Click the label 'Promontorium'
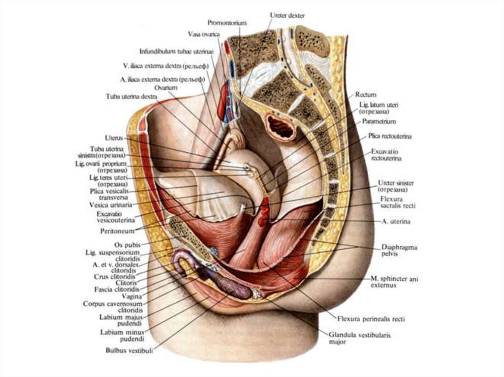coord(226,23)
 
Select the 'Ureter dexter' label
coord(287,15)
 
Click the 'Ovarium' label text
coord(165,87)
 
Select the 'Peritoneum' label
coord(116,230)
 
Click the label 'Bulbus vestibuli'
coord(129,350)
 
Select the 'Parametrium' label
coord(379,121)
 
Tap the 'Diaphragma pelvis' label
coord(399,250)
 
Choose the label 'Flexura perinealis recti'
coord(371,319)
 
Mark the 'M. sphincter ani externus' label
coord(394,282)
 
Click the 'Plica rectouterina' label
coord(390,135)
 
